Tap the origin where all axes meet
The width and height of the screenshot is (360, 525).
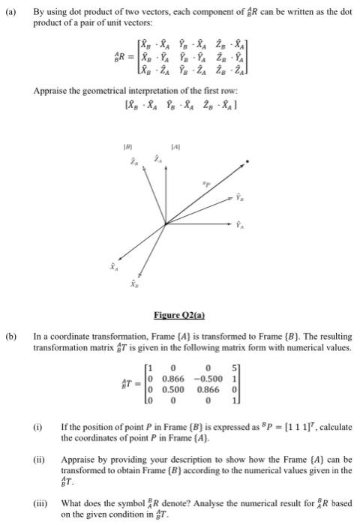tap(165, 223)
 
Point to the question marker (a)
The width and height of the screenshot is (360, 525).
tap(10, 13)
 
